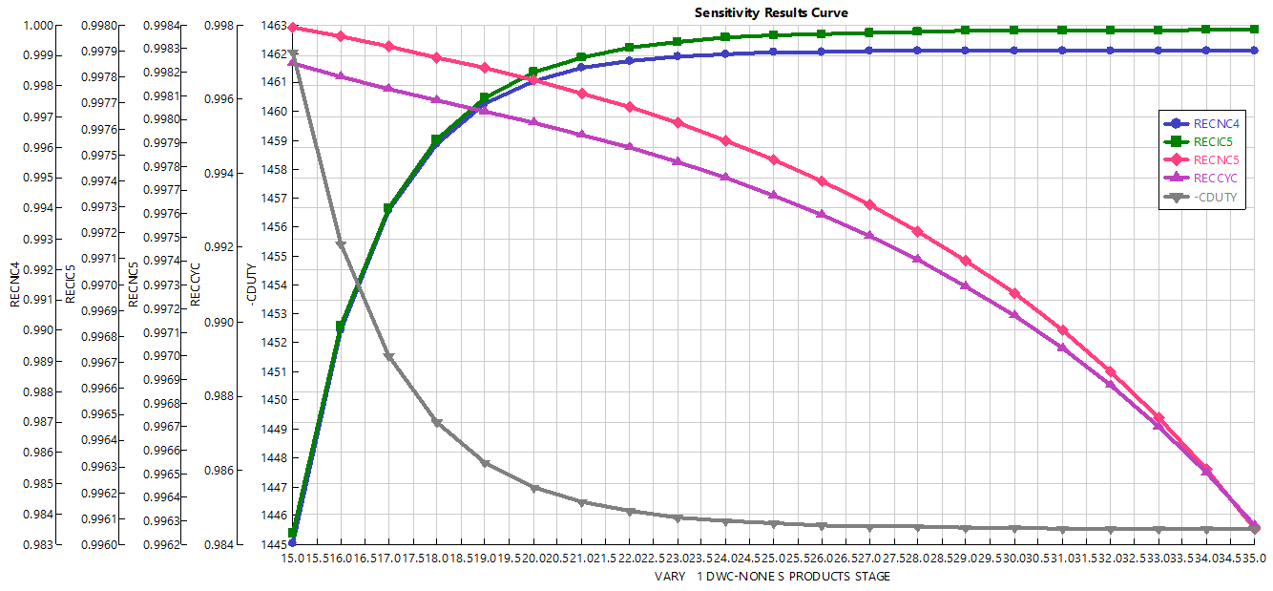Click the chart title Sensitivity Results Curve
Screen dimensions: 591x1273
(x=770, y=12)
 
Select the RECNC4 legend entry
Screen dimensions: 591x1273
(x=1215, y=123)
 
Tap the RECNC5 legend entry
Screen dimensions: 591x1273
(x=1215, y=159)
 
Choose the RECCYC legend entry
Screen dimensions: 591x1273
(x=1215, y=179)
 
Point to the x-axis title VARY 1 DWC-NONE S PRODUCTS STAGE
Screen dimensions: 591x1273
(x=772, y=577)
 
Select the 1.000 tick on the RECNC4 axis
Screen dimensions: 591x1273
(x=39, y=26)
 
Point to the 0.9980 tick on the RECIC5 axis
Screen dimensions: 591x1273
(x=100, y=26)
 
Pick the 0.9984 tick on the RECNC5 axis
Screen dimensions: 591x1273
(x=160, y=26)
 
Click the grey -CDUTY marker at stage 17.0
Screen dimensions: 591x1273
(x=388, y=357)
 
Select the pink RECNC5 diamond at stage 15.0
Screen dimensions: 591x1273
(x=292, y=27)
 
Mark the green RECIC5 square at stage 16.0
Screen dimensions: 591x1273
(x=341, y=327)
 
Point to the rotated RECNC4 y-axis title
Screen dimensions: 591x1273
(x=14, y=285)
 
